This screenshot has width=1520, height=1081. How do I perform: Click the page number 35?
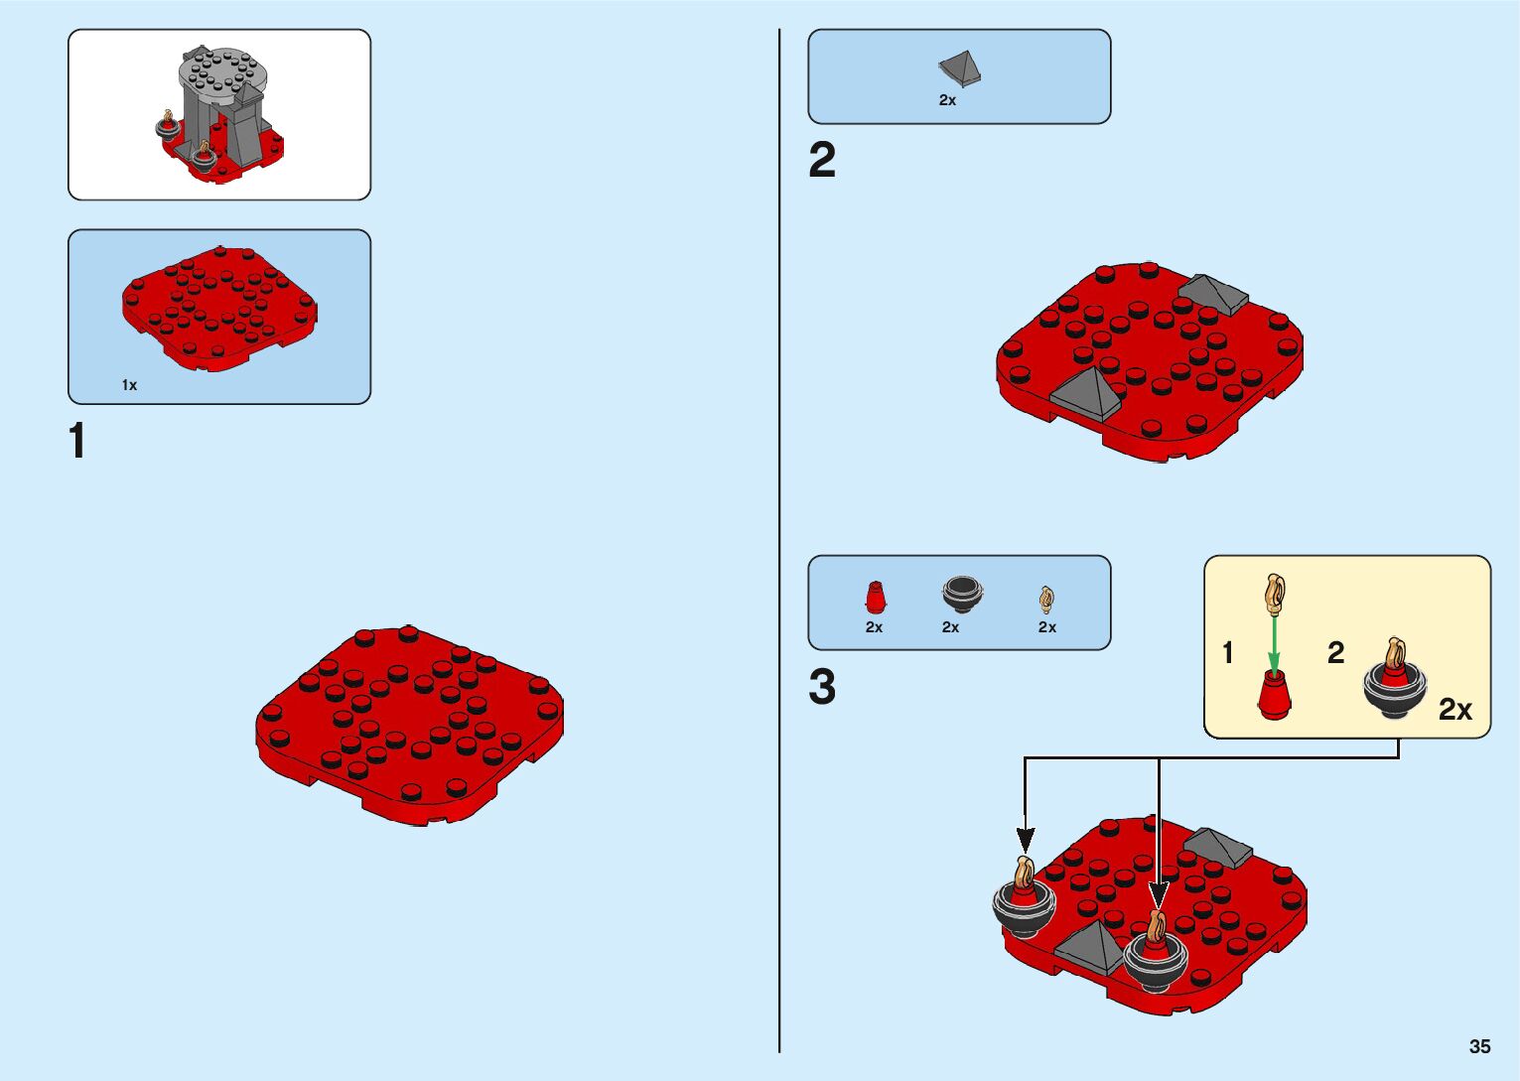[x=1479, y=1046]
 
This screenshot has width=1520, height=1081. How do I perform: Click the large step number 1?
[x=77, y=441]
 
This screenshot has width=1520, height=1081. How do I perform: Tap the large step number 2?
[x=822, y=161]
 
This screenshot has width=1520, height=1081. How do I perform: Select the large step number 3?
[x=822, y=687]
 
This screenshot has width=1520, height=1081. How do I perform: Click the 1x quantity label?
[x=129, y=385]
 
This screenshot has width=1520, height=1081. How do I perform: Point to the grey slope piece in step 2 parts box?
[x=960, y=68]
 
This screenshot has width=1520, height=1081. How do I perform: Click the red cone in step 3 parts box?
[x=875, y=598]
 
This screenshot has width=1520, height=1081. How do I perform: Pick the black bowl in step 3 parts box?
[x=961, y=593]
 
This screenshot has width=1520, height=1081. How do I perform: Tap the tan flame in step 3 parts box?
[x=1046, y=599]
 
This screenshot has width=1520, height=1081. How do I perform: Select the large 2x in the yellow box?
[x=1454, y=709]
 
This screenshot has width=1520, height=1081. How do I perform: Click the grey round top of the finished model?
[x=224, y=70]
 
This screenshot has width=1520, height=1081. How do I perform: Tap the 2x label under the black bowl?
[x=950, y=627]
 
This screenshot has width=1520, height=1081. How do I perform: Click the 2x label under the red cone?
[x=874, y=627]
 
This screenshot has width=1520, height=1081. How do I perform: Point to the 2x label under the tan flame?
[x=1047, y=627]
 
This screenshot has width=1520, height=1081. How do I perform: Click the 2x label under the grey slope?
[x=947, y=100]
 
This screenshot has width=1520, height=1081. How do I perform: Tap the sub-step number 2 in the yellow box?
[x=1335, y=652]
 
